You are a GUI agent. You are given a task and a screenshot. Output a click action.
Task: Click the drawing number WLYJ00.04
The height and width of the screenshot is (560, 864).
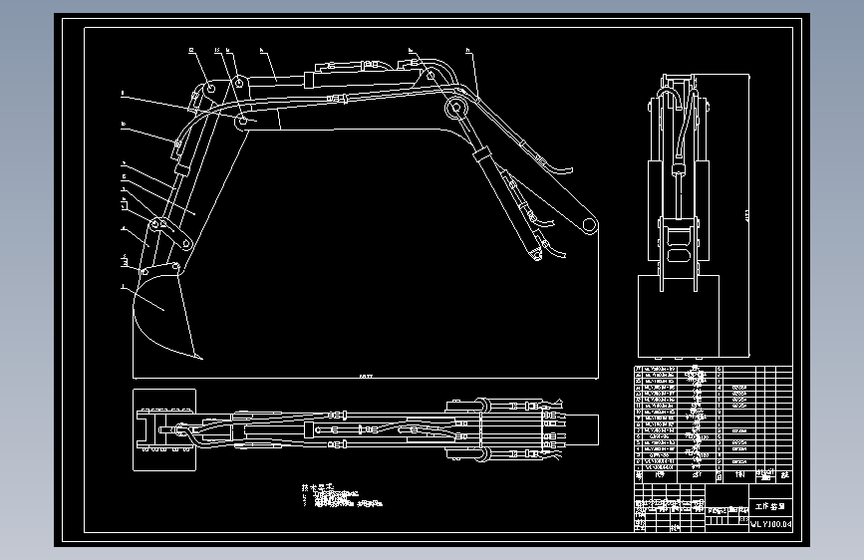coord(771,523)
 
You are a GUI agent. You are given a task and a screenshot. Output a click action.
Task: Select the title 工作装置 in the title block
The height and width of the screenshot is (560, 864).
coord(771,506)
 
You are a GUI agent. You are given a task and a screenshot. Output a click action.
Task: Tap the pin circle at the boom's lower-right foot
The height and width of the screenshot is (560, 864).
coord(589,224)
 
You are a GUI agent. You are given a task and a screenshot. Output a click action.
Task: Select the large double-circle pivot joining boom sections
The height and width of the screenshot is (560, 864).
coord(457,108)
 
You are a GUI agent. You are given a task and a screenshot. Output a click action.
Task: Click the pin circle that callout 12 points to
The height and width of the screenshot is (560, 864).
coord(211,91)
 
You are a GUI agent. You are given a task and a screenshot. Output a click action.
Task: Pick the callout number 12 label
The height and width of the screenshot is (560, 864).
coord(189,48)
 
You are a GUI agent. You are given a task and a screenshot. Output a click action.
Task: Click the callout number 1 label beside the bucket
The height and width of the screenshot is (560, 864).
coord(121,287)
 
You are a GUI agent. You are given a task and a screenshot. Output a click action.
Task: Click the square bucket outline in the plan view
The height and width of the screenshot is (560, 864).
coord(161,429)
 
